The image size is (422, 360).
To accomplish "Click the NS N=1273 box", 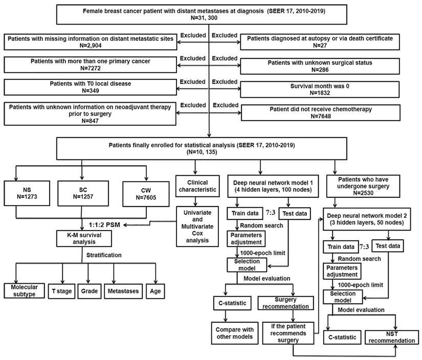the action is tap(27, 193).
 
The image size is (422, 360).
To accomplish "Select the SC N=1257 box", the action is tap(83, 193).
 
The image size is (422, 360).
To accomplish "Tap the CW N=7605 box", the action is tap(146, 194).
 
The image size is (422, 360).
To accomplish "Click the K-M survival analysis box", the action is tap(84, 238).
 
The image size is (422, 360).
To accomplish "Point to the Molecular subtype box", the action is tap(24, 291).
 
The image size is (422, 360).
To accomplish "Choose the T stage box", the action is tap(61, 291).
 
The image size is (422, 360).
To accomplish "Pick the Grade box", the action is tap(90, 291).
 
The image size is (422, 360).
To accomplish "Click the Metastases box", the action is tap(123, 291).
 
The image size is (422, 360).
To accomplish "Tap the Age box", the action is tap(156, 291).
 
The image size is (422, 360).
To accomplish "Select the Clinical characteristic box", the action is tap(197, 186).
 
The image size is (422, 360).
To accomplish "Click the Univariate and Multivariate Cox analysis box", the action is tap(197, 226).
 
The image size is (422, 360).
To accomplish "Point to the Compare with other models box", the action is tap(234, 333).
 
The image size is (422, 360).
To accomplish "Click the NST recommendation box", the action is tap(392, 337).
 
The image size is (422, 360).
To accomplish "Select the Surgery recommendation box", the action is tap(285, 303).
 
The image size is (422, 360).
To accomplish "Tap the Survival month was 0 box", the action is tap(320, 89).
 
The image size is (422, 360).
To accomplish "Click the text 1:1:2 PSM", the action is tap(104, 225).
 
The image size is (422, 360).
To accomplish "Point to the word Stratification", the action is tap(104, 255).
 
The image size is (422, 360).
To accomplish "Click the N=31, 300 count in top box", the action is tap(204, 18).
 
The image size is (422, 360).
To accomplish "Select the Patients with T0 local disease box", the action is tap(90, 87).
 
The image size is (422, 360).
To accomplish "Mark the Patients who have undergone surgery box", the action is tap(363, 186).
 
